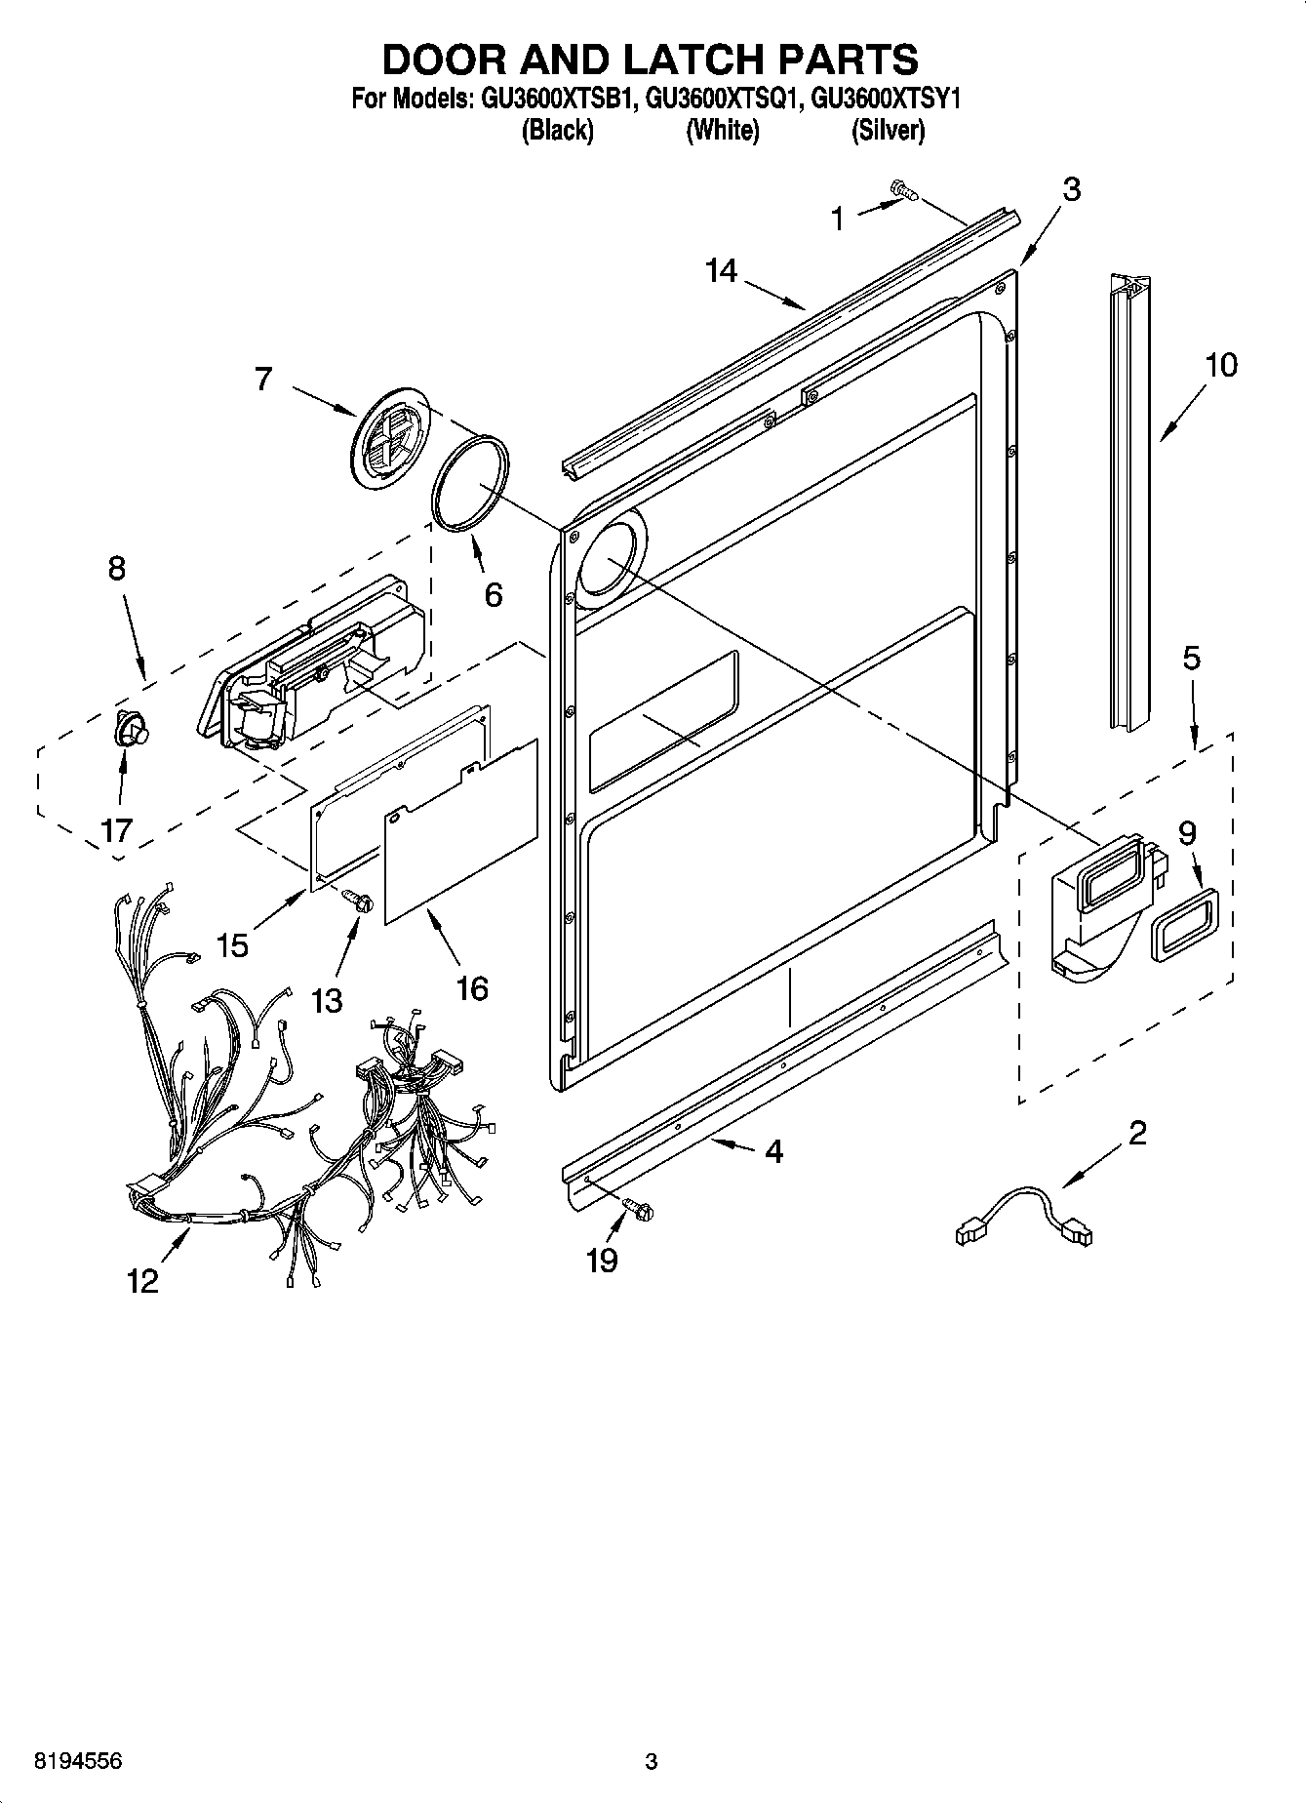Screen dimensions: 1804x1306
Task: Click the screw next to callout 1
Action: click(903, 191)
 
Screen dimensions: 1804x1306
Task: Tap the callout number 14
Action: click(721, 270)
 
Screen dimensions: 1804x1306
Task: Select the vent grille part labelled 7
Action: click(389, 436)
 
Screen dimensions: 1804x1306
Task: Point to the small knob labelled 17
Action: click(129, 729)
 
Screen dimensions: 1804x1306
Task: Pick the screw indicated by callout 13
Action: click(360, 902)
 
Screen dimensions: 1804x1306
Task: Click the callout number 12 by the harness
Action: click(142, 1280)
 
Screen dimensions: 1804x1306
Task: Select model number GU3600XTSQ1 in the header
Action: click(724, 100)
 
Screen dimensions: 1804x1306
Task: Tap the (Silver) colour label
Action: click(888, 130)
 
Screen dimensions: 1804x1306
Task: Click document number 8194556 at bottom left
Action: click(78, 1761)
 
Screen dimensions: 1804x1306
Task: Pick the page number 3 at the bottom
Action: click(651, 1761)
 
